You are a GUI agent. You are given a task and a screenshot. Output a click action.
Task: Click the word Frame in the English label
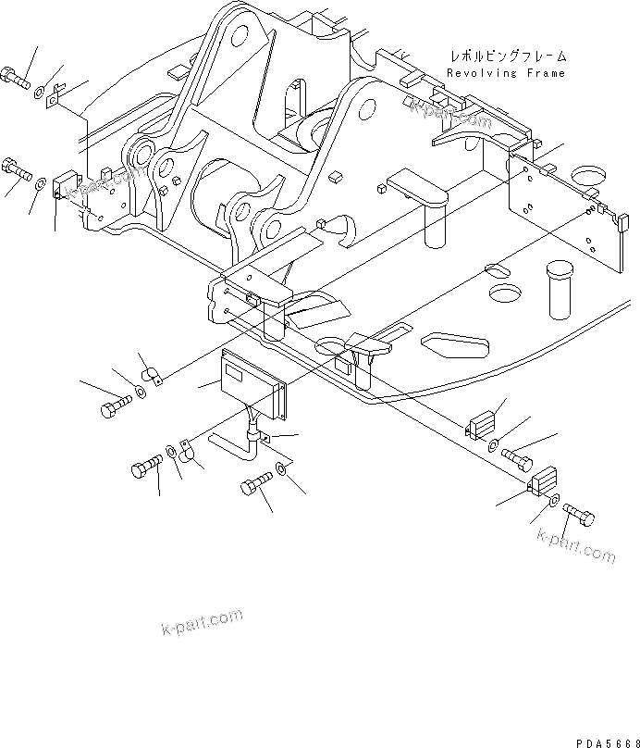pyautogui.click(x=542, y=73)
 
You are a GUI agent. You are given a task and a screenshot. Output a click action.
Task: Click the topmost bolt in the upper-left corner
pyautogui.click(x=17, y=78)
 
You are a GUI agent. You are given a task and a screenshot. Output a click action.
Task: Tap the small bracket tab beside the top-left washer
pyautogui.click(x=55, y=94)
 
